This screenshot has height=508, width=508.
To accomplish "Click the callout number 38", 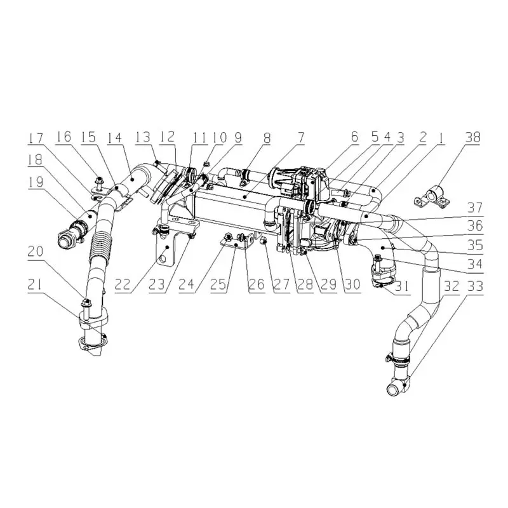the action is tap(472, 137).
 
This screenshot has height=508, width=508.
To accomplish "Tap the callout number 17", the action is tap(36, 138).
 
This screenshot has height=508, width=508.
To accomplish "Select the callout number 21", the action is tap(36, 285).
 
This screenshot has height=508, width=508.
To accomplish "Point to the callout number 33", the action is tap(476, 286).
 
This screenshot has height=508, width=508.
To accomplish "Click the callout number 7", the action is tap(301, 137).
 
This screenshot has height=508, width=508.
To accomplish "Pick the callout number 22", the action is tap(123, 285).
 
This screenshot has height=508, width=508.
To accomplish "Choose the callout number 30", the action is tap(352, 284).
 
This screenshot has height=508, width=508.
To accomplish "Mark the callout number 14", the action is tap(115, 137).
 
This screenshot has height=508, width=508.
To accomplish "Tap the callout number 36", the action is tap(475, 225).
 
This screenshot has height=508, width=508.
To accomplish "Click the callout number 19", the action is tap(36, 182).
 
